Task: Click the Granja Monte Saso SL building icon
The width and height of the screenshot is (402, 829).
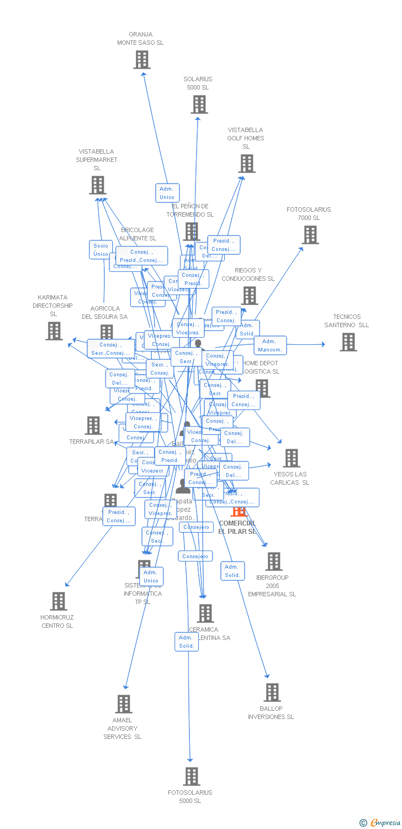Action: (142, 60)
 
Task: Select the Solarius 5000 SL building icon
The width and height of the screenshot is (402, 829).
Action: (199, 104)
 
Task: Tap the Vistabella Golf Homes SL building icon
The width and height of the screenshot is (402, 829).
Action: (247, 164)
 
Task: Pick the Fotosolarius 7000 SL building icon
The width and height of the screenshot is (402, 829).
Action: (310, 235)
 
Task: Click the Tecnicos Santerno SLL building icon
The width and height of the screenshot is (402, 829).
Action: (348, 342)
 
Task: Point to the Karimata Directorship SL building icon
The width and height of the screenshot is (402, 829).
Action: (54, 331)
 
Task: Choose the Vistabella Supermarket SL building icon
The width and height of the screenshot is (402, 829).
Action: (98, 185)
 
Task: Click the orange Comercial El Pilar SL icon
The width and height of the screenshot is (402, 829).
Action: (239, 510)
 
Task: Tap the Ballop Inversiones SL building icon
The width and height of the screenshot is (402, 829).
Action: (272, 692)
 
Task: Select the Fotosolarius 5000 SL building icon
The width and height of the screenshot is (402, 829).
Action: (192, 776)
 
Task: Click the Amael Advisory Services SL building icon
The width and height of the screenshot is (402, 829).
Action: (124, 704)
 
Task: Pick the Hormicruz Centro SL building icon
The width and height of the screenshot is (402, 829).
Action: (58, 601)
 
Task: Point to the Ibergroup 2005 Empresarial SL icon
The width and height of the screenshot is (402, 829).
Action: (273, 562)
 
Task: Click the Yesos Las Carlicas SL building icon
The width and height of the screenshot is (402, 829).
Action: (291, 458)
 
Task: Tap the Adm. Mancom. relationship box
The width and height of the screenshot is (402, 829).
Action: (270, 345)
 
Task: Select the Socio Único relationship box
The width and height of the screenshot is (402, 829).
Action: (101, 250)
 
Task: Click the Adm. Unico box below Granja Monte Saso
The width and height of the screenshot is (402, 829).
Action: (167, 193)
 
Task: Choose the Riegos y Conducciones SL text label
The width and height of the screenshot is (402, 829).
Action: (248, 275)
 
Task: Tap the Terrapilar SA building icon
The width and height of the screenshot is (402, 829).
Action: (93, 426)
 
